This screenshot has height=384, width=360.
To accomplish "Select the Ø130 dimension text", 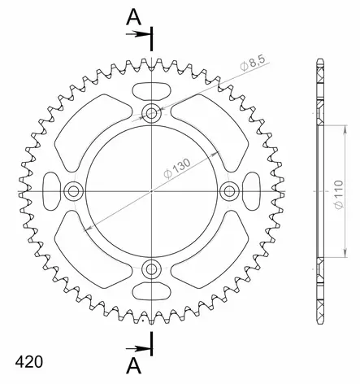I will [x=176, y=168].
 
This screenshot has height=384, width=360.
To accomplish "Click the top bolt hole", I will [x=152, y=113].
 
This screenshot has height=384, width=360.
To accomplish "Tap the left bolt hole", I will [x=75, y=191].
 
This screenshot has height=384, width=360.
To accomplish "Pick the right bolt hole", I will [x=229, y=191].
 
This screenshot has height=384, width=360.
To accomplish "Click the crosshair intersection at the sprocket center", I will [x=152, y=191].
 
